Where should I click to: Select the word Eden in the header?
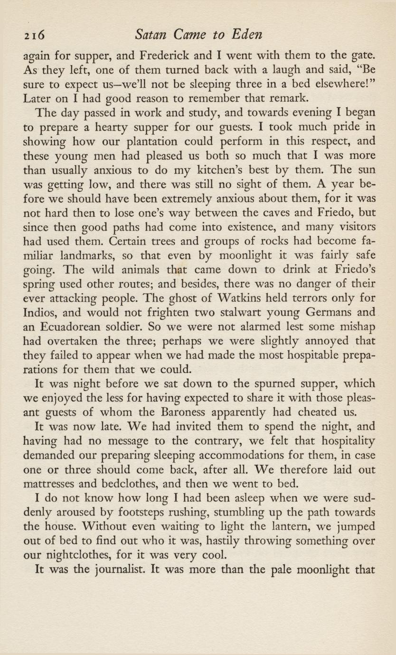(x=248, y=35)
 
